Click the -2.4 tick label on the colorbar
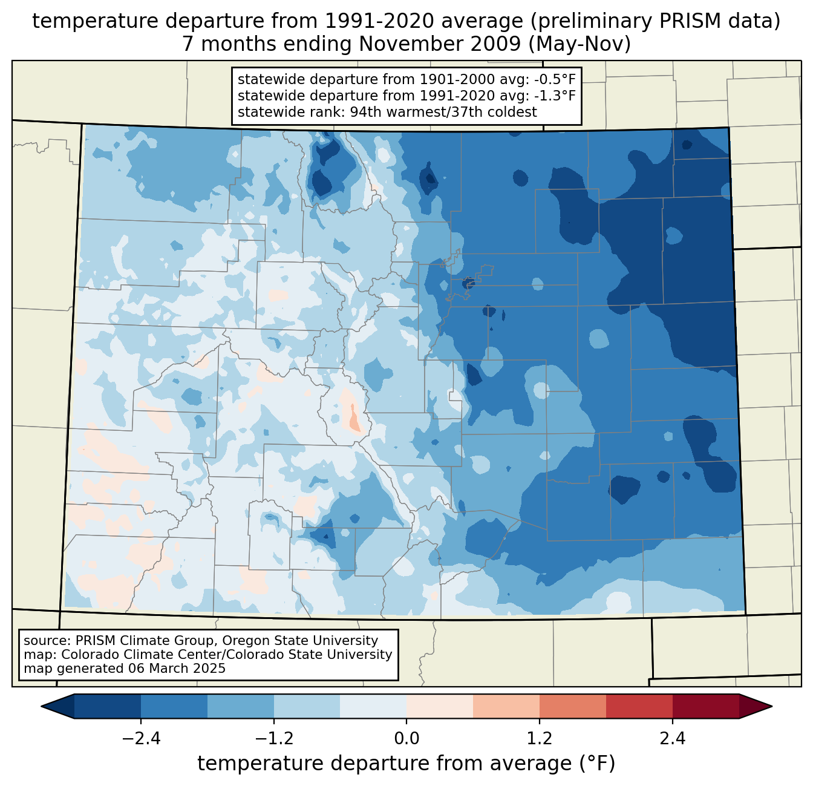coord(141,739)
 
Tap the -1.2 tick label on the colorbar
coord(273,739)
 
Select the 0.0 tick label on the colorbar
coord(406,739)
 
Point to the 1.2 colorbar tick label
coord(540,739)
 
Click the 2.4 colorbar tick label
coord(672,739)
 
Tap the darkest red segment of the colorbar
coord(705,706)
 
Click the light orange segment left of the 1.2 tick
coord(506,706)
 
